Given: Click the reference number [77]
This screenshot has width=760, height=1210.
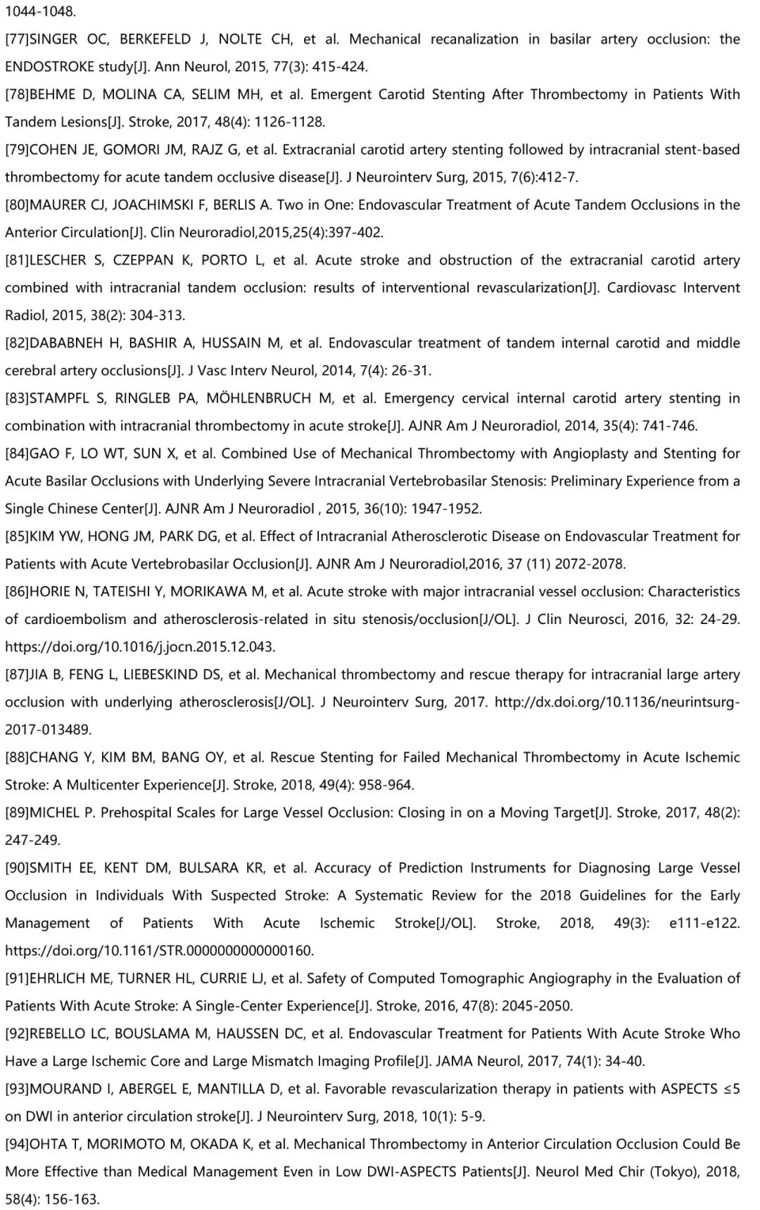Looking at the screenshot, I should click(x=17, y=39).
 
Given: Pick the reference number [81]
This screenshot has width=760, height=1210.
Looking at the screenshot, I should click(x=17, y=260).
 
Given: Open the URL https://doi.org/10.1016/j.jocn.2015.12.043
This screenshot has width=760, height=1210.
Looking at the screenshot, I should click(x=141, y=647).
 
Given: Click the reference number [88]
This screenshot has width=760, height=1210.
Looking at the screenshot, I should click(x=17, y=758).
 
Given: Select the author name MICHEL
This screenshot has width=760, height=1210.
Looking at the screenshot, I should click(x=55, y=813).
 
